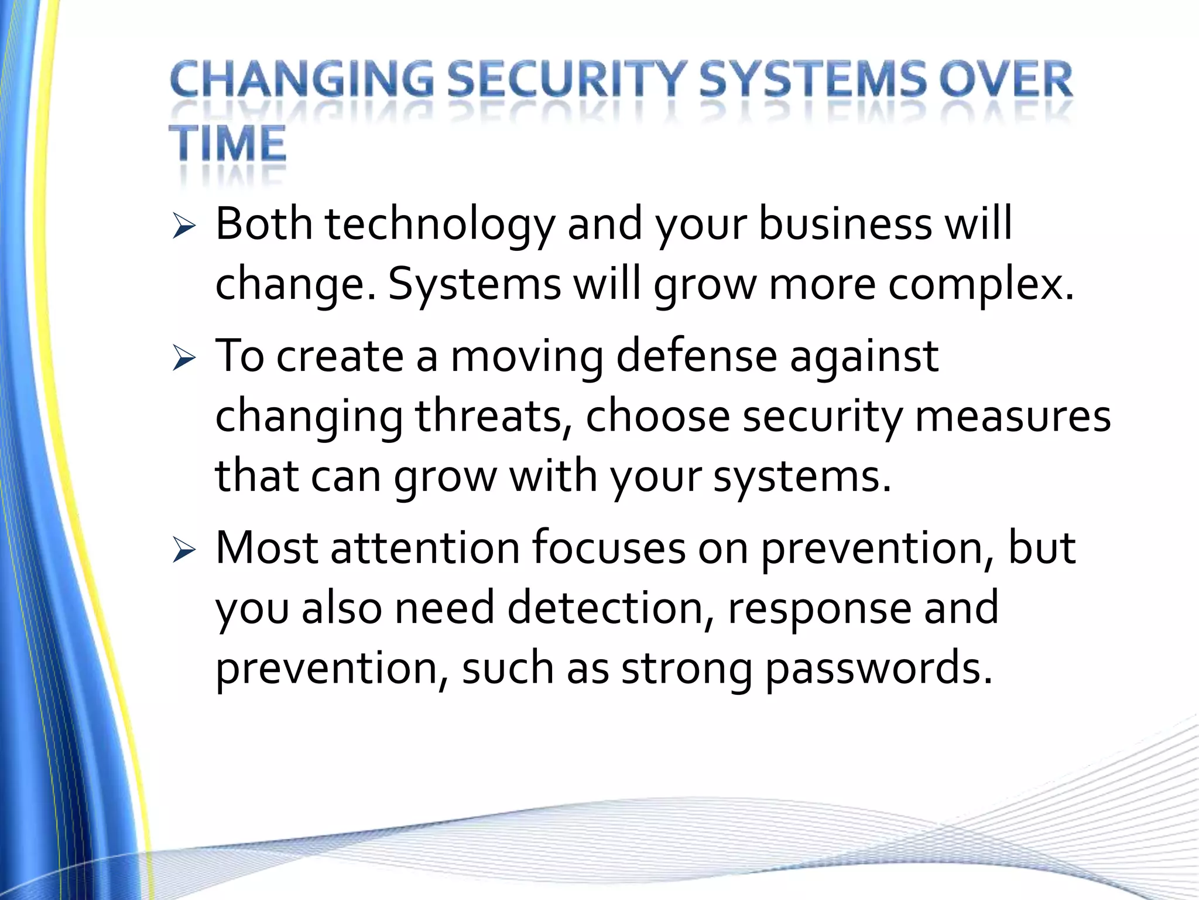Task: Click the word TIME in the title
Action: [228, 144]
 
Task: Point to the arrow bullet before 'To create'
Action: [183, 358]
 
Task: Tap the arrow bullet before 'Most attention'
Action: [183, 551]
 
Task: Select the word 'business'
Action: [845, 224]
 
